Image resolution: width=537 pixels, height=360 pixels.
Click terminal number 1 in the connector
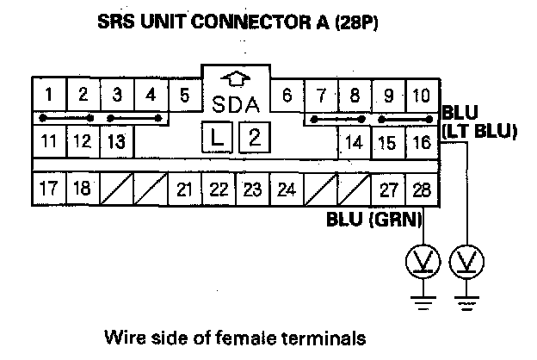51,94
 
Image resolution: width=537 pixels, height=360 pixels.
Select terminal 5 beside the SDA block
185,94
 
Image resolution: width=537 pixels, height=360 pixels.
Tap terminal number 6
287,94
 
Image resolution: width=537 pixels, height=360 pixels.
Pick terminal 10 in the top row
422,94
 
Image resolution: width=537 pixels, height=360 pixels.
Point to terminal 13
118,140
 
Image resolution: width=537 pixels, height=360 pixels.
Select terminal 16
422,142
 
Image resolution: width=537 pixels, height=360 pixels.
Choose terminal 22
219,189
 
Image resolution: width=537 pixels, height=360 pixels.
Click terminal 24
287,189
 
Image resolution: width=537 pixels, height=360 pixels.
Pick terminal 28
422,189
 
